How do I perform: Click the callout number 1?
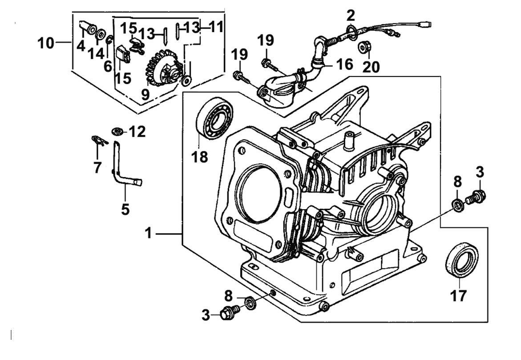point(148,233)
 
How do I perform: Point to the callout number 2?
point(351,16)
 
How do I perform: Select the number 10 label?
point(46,43)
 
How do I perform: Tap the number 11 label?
point(216,27)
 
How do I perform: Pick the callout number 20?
point(372,67)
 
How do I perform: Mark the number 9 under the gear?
point(145,94)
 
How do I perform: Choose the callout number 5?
point(125,208)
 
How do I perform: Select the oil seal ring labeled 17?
point(462,260)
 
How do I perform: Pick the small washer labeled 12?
point(118,131)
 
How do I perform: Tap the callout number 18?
point(200,156)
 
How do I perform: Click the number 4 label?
point(81,45)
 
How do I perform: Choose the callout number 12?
point(137,132)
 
